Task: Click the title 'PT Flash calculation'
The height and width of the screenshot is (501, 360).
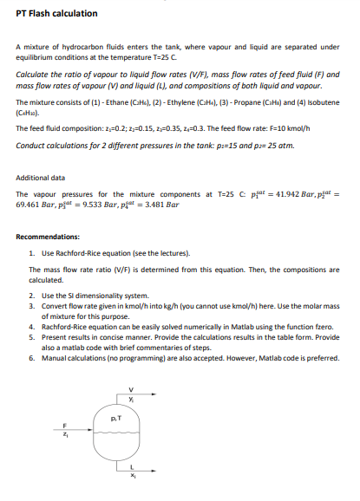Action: tap(56, 14)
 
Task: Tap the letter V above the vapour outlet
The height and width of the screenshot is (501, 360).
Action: tap(131, 387)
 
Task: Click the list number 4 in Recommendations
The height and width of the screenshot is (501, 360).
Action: tap(31, 327)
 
